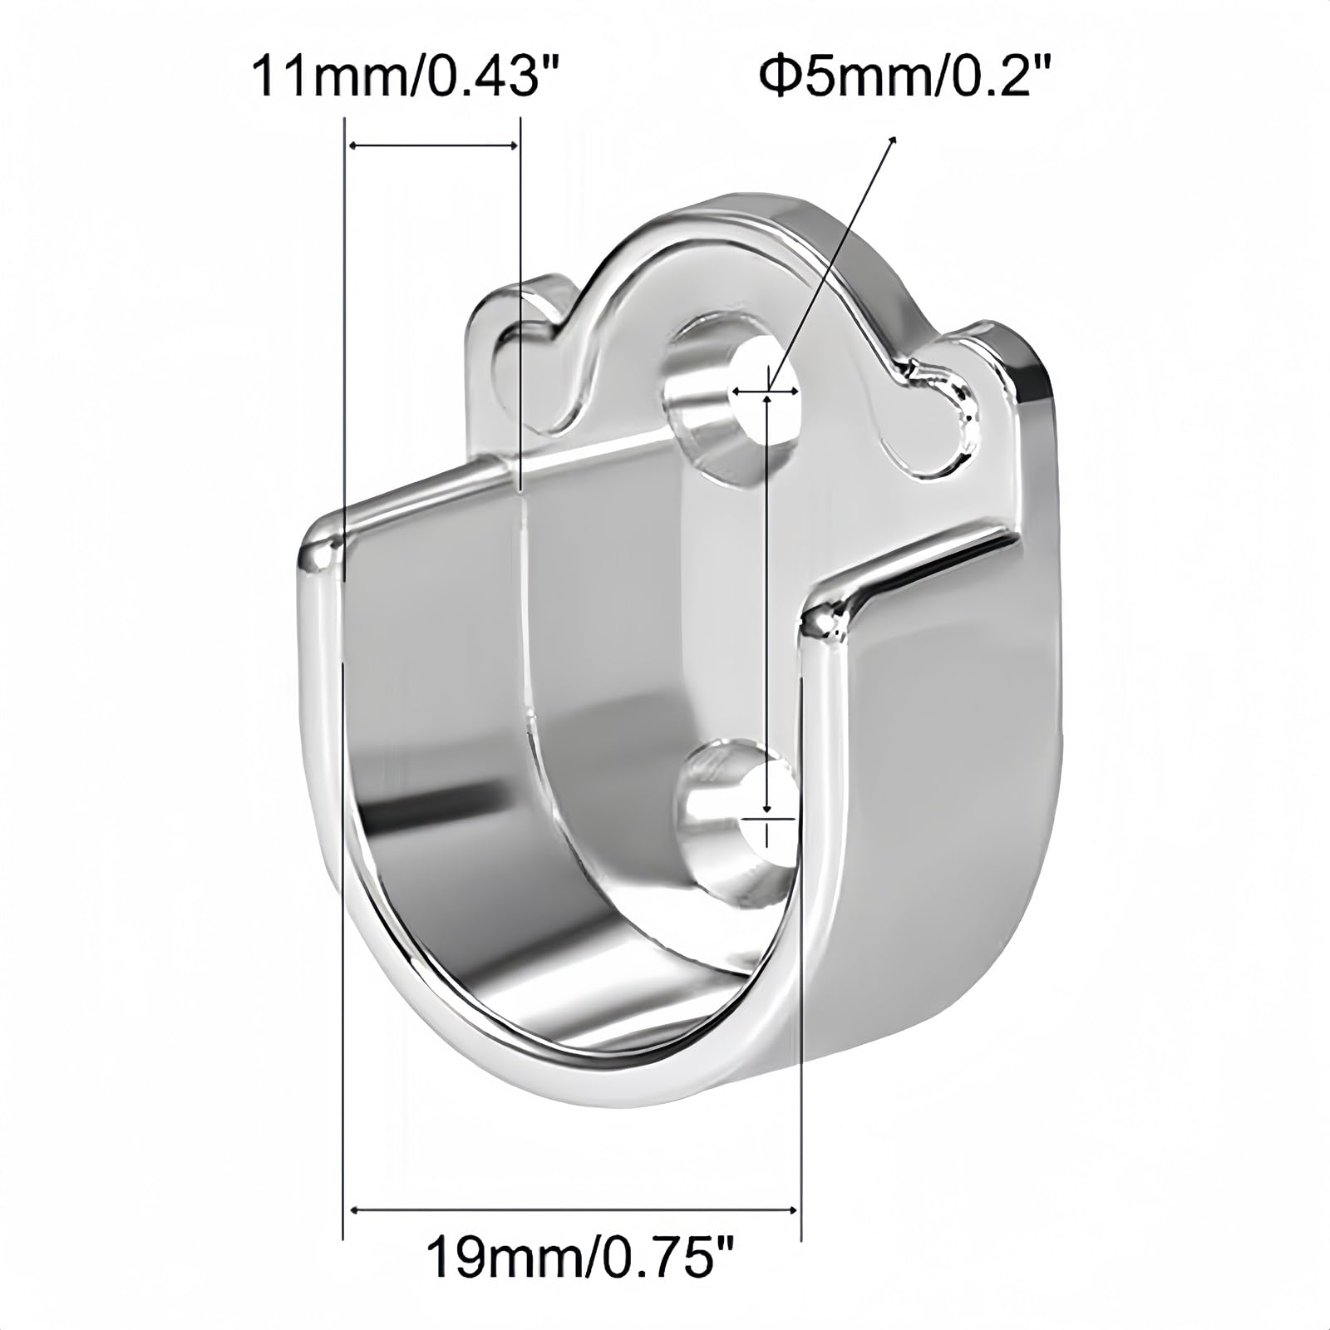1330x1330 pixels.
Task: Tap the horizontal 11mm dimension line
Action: pos(432,146)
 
